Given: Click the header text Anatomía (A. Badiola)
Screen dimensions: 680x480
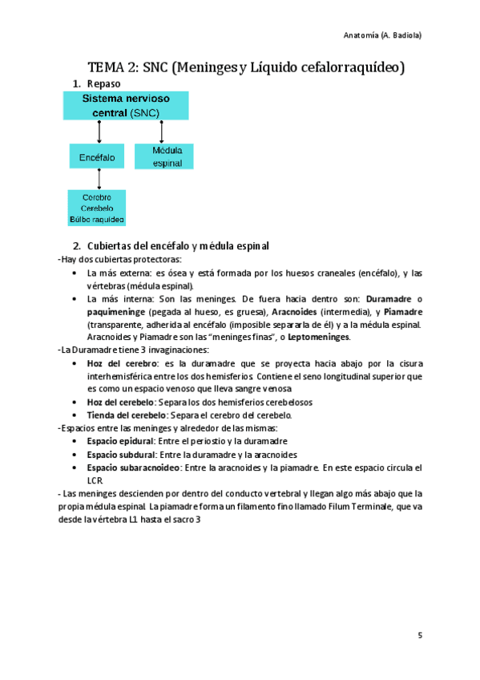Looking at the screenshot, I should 382,35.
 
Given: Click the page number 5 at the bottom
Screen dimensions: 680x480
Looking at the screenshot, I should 419,636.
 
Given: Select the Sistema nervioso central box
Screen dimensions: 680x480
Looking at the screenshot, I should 126,106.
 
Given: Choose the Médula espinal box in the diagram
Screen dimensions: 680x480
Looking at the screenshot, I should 163,156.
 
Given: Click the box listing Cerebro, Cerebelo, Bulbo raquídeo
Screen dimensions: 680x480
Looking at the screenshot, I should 96,208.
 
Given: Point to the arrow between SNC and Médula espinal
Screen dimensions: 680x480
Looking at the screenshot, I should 162,132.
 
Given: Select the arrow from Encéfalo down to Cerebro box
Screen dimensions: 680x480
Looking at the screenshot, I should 99,180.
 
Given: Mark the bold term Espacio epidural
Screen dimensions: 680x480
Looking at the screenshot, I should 119,441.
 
